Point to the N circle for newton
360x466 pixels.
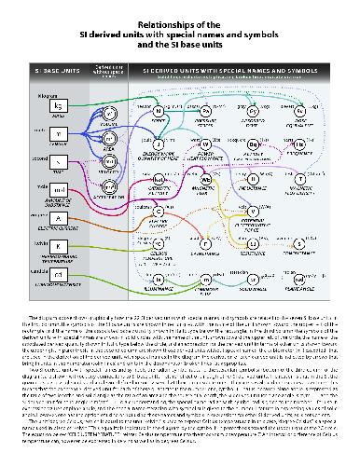pos(159,111)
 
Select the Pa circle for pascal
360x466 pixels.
pos(206,111)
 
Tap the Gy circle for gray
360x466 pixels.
pos(252,111)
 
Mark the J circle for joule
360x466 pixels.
pos(159,144)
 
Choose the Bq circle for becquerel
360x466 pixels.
pos(252,144)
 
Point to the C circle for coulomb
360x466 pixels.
pos(159,210)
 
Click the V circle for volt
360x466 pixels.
pos(206,210)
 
